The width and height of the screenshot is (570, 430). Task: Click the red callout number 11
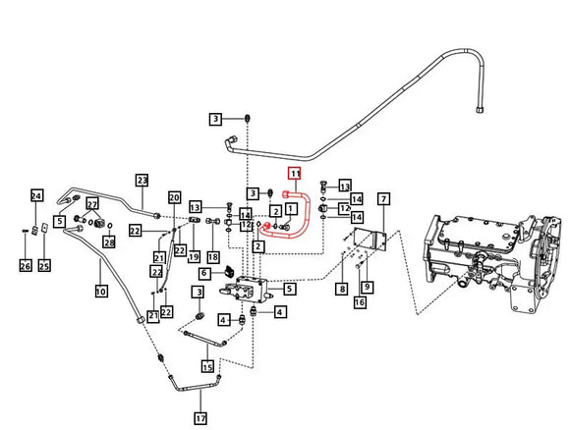click(x=292, y=175)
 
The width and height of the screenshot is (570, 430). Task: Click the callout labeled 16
click(x=360, y=303)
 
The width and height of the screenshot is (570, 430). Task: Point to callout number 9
click(x=366, y=287)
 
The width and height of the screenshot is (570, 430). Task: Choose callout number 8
click(x=342, y=288)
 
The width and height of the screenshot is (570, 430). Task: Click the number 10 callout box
click(x=100, y=291)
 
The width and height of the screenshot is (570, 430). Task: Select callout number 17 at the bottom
click(x=200, y=418)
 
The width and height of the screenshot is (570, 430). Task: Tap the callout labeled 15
click(x=207, y=366)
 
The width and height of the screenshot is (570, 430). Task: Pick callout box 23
click(x=142, y=180)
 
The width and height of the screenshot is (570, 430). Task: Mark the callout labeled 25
click(x=44, y=265)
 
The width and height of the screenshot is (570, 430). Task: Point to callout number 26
click(x=25, y=265)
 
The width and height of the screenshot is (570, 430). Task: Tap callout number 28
click(x=109, y=242)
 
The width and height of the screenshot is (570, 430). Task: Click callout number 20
click(x=174, y=197)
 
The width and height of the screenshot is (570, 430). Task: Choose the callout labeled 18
click(x=213, y=256)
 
